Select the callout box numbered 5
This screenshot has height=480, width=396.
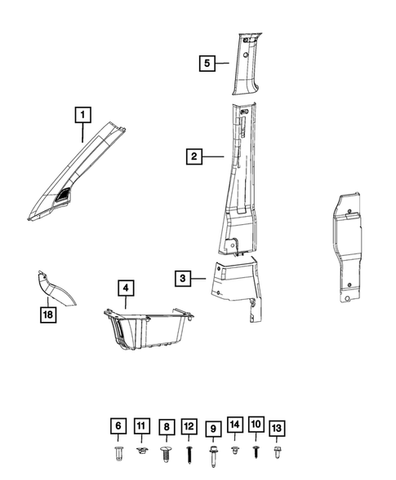point(207,62)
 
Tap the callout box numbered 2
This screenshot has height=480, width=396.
point(193,156)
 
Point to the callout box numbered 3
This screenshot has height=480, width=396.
point(183,278)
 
